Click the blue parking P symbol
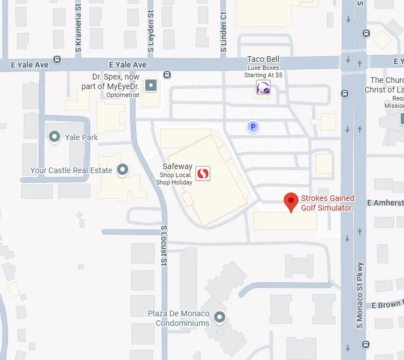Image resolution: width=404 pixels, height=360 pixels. coord(253,127)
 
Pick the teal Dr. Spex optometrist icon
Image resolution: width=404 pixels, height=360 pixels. coord(151,86)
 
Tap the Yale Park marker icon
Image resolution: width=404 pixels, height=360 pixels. coord(55,136)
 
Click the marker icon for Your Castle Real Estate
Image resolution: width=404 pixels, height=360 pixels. coord(122,169)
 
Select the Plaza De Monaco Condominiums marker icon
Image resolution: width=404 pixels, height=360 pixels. coord(220,317)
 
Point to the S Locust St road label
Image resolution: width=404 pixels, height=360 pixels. coord(163,245)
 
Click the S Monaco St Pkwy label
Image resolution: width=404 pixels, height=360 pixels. coord(359,295)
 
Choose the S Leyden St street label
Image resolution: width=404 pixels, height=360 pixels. coord(151,32)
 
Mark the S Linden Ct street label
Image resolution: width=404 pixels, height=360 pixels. coord(224,32)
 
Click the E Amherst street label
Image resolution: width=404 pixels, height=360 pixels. coord(385,203)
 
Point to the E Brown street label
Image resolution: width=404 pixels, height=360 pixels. coord(387,304)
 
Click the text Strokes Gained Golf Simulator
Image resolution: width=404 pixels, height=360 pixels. coord(327,203)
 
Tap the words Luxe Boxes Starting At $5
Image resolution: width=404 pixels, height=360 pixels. coord(263,71)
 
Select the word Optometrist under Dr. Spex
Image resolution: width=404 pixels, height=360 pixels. coord(122,95)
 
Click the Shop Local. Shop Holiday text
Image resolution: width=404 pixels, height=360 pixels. coord(176,178)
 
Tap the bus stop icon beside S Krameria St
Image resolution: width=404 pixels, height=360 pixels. coord(57,59)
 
